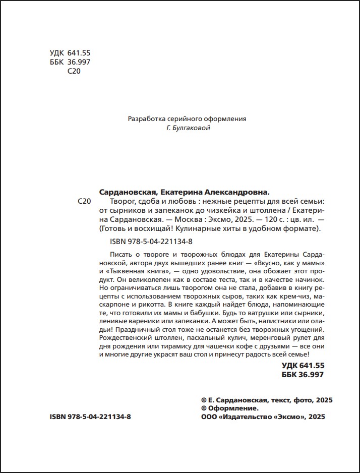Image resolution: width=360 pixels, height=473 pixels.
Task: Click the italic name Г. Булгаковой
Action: [188, 129]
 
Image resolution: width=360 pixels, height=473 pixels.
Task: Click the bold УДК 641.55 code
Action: [303, 366]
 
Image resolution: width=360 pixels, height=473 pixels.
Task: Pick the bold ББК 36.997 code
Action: [303, 375]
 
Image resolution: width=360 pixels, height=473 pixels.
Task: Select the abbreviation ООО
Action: [209, 417]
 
